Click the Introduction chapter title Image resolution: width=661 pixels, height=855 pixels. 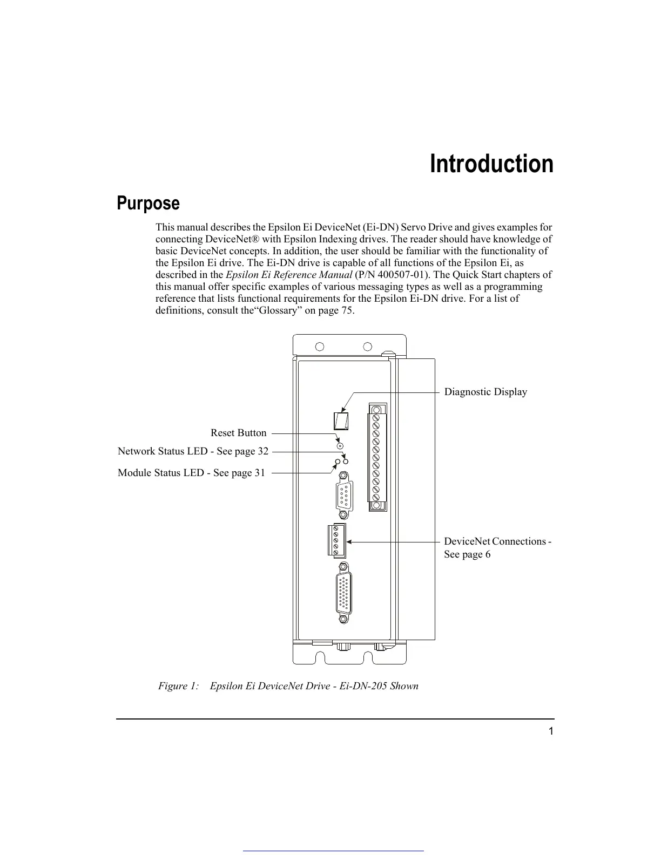pyautogui.click(x=491, y=164)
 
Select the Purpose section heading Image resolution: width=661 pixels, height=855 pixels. pyautogui.click(x=149, y=203)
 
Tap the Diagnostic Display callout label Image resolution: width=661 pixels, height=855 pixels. pyautogui.click(x=485, y=392)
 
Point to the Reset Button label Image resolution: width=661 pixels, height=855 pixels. pyautogui.click(x=238, y=433)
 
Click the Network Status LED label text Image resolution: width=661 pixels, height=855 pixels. pyautogui.click(x=193, y=451)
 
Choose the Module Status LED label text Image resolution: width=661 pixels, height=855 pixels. pyautogui.click(x=191, y=473)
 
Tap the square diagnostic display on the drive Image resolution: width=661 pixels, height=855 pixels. pyautogui.click(x=340, y=420)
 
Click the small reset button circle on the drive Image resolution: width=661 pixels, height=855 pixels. pyautogui.click(x=340, y=446)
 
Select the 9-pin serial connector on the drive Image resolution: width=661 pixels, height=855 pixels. pyautogui.click(x=342, y=496)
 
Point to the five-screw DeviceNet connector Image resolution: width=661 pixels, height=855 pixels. pyautogui.click(x=336, y=540)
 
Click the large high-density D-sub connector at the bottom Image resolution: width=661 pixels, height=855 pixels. pyautogui.click(x=342, y=592)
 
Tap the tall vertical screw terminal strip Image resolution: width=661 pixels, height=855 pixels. pyautogui.click(x=377, y=457)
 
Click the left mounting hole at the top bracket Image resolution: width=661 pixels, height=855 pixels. pyautogui.click(x=320, y=347)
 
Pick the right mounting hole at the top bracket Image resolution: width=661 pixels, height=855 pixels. pyautogui.click(x=368, y=347)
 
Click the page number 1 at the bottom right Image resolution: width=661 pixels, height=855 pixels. pyautogui.click(x=551, y=731)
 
